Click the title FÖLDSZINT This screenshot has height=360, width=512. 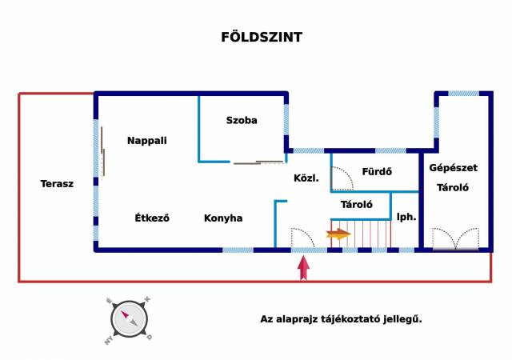tap(262, 37)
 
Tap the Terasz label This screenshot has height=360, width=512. tap(57, 183)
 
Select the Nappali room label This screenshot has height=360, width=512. tap(147, 140)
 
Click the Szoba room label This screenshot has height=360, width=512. tap(242, 120)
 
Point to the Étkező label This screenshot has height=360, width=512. tap(152, 218)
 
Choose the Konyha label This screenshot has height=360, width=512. tap(223, 218)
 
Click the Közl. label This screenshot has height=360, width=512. tap(306, 178)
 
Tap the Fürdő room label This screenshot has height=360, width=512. tap(376, 171)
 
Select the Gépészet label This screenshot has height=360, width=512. tap(453, 168)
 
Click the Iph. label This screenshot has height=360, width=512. tap(406, 216)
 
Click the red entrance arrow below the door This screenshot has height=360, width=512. tap(304, 267)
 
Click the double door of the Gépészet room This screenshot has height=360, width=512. tap(456, 239)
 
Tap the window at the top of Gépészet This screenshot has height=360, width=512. tap(463, 94)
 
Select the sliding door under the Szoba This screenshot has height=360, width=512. tap(258, 162)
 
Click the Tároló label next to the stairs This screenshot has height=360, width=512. tap(357, 205)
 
